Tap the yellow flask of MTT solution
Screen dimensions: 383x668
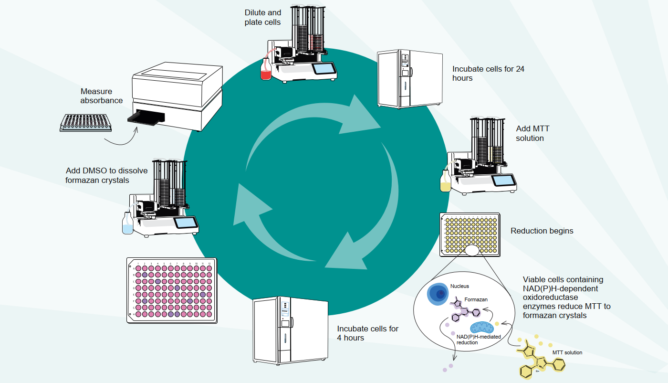[445, 182]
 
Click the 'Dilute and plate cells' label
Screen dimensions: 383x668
[262, 17]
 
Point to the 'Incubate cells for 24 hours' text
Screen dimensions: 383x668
[488, 73]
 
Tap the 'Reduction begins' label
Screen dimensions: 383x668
[542, 231]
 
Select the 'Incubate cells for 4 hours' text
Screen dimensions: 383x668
[367, 333]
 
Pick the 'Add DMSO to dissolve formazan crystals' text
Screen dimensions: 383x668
[107, 175]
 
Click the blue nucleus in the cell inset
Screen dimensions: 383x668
[438, 295]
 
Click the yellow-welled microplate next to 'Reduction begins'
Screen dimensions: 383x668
[470, 233]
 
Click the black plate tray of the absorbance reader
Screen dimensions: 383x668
[145, 117]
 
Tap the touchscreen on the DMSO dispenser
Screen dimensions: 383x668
[186, 223]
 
